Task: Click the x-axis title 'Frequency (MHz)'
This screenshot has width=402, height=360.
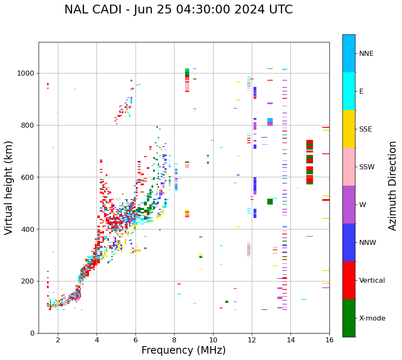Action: (183, 350)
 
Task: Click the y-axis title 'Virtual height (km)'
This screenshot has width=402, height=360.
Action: (9, 188)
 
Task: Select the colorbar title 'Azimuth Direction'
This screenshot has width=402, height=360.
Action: (392, 186)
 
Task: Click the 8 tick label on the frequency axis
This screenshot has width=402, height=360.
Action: (174, 340)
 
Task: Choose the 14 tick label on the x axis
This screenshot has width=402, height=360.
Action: (290, 340)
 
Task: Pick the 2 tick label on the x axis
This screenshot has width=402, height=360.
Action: (58, 340)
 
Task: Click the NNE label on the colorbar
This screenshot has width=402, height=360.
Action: (366, 54)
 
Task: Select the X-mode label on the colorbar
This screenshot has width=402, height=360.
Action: (372, 318)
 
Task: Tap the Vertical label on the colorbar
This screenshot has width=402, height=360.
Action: (372, 281)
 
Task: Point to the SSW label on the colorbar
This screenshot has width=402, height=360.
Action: (367, 167)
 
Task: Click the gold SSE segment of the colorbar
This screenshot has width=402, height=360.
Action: (349, 129)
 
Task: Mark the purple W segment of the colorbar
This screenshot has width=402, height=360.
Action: (349, 205)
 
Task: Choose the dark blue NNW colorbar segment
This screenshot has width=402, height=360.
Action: (349, 242)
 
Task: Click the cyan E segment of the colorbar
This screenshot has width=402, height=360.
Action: (349, 91)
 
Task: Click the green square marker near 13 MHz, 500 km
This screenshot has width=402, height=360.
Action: (270, 202)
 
